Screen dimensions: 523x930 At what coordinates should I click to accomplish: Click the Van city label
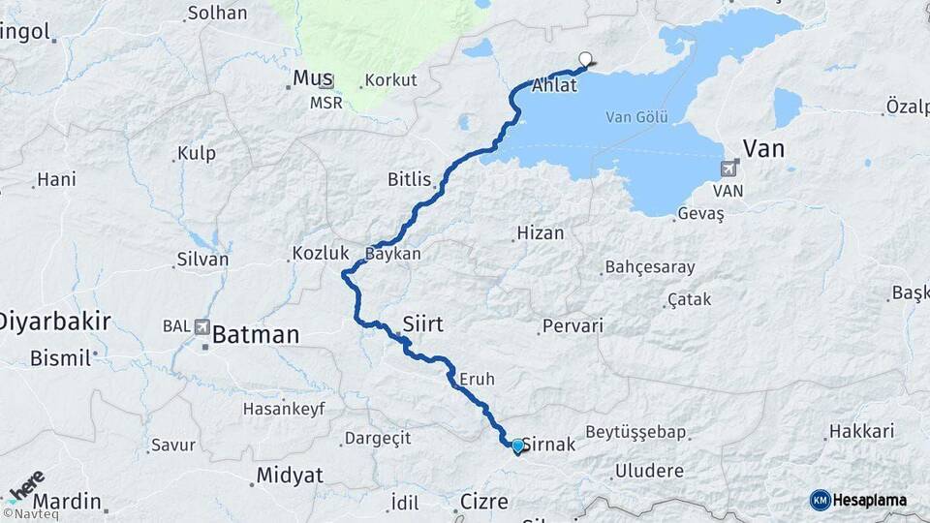763,148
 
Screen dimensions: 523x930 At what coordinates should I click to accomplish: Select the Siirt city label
421,324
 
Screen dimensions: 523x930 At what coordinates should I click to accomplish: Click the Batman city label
255,335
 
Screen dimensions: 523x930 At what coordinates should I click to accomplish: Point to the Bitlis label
408,179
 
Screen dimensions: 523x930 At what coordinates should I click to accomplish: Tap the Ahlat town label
554,85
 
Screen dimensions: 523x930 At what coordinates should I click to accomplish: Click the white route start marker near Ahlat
584,58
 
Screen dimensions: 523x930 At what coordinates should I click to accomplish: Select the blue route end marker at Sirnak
517,446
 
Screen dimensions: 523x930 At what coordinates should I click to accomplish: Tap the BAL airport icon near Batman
202,327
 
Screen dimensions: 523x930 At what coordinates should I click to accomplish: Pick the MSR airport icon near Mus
326,81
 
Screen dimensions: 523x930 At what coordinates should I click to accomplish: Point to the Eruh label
478,379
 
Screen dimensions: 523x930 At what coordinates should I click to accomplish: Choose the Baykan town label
393,254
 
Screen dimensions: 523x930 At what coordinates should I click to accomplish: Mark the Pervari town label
573,326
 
